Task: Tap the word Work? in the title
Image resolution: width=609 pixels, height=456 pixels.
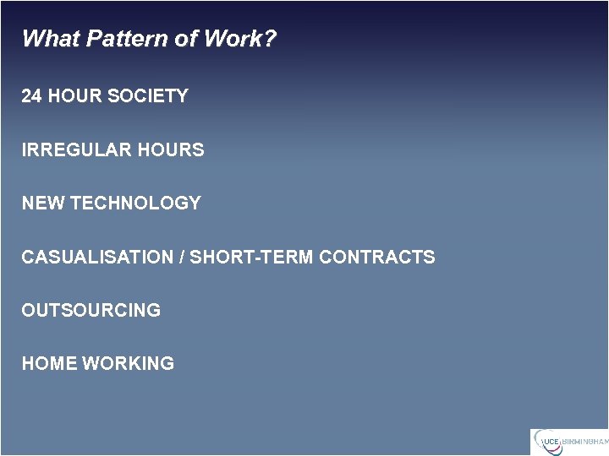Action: coord(247,39)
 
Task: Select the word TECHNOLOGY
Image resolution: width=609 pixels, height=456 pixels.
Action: coord(135,204)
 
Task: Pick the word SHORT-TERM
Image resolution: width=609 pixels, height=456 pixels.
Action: coord(251,258)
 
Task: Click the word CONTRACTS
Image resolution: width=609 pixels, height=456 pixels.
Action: coord(376,258)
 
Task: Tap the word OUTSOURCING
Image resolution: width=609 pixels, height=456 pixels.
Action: coord(91,311)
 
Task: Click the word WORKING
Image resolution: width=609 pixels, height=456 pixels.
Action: coord(128,364)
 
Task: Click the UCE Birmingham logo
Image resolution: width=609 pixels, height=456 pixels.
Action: coord(568,442)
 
